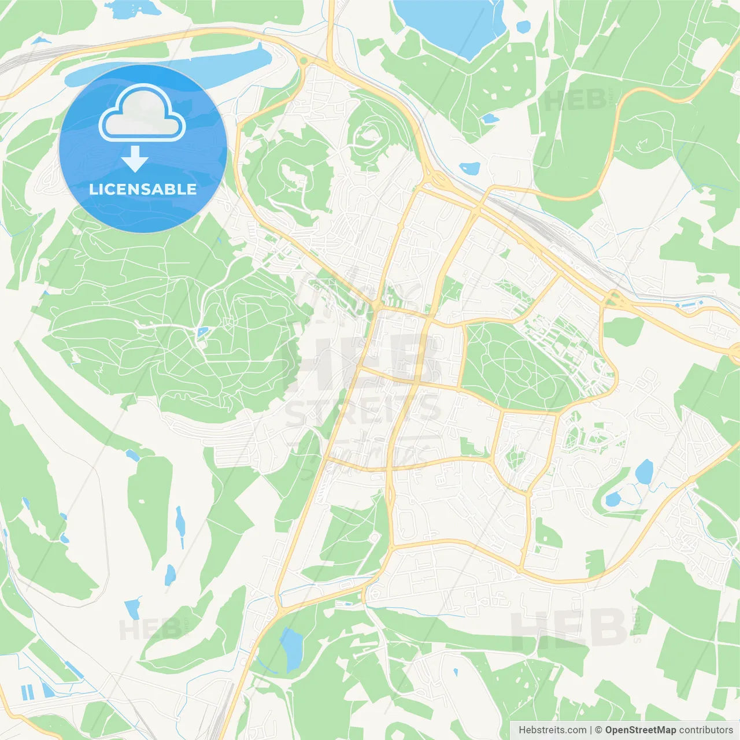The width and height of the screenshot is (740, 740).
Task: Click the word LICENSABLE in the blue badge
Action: point(143,189)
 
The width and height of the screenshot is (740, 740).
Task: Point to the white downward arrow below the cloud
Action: point(135,158)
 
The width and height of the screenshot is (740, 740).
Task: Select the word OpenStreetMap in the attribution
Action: point(640,730)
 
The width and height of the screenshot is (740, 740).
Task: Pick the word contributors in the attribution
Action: point(706,730)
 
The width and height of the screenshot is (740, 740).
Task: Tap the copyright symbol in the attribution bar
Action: point(598,730)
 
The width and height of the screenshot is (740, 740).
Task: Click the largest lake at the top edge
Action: point(448,23)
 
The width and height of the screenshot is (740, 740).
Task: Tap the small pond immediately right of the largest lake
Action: point(523,26)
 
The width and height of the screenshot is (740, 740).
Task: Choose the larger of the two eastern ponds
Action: point(643,472)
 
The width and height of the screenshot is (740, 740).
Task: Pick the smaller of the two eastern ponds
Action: point(613,499)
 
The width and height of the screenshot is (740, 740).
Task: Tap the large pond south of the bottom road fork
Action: point(291,648)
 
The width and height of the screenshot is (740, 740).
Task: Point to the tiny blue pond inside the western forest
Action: point(202,332)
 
